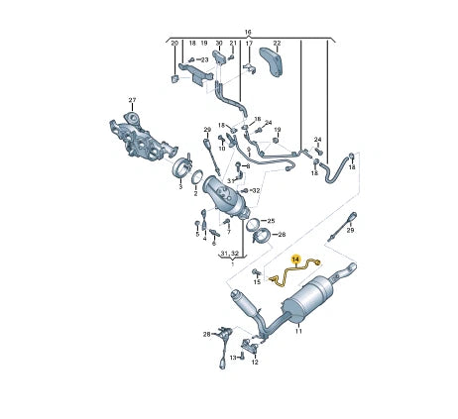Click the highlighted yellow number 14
tap(294, 259)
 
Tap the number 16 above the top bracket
tap(248, 32)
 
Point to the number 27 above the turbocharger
tap(131, 100)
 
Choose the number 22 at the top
tap(277, 45)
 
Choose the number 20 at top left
tap(174, 45)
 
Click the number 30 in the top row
tap(218, 45)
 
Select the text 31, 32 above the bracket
tap(229, 255)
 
